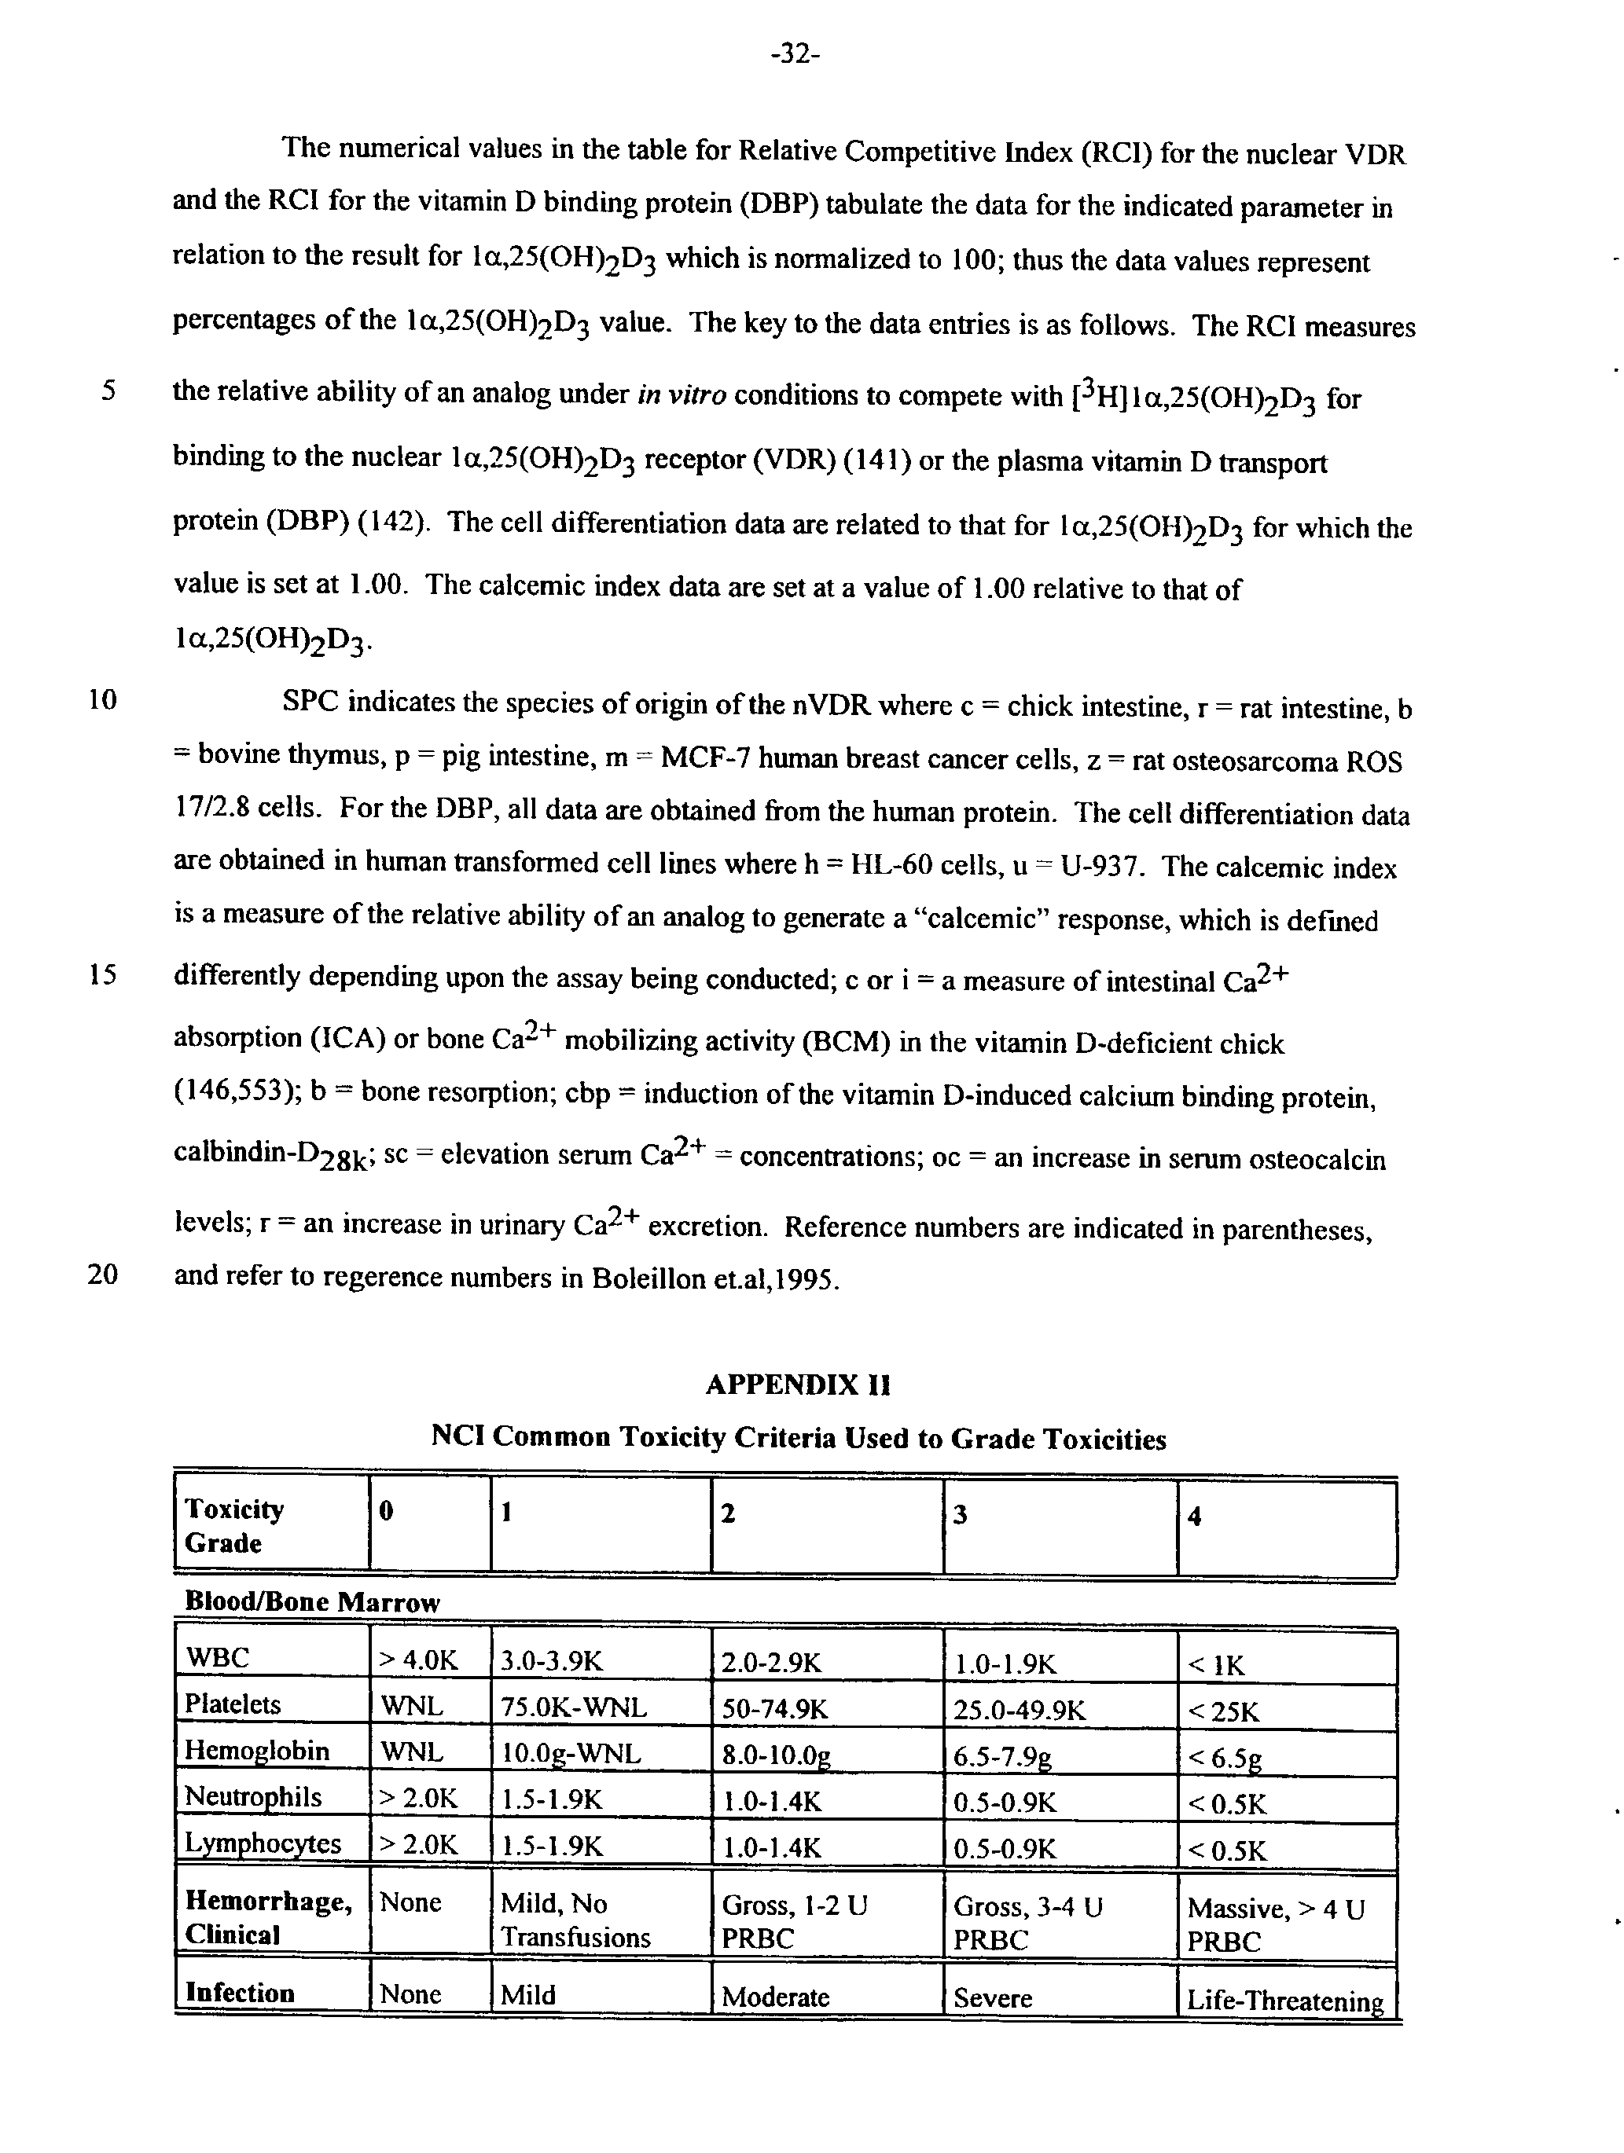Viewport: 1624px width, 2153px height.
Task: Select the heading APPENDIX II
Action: [797, 1384]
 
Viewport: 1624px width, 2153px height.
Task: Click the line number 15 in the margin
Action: [102, 975]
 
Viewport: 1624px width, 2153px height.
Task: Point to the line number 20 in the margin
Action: [102, 1274]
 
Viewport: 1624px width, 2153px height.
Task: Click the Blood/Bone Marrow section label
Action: [311, 1602]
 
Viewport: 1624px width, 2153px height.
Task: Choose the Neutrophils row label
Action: [253, 1797]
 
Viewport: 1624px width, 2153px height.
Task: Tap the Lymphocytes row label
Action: [262, 1843]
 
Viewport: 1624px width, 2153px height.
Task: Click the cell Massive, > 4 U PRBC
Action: [1276, 1924]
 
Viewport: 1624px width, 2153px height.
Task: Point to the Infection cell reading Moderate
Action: [775, 1997]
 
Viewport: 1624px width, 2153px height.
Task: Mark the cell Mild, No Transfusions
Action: [575, 1920]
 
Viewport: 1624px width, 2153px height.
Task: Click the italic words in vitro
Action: [682, 395]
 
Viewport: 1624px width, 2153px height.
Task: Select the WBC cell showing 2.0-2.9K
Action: [771, 1663]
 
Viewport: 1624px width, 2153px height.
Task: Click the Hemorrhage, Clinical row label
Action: [268, 1918]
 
